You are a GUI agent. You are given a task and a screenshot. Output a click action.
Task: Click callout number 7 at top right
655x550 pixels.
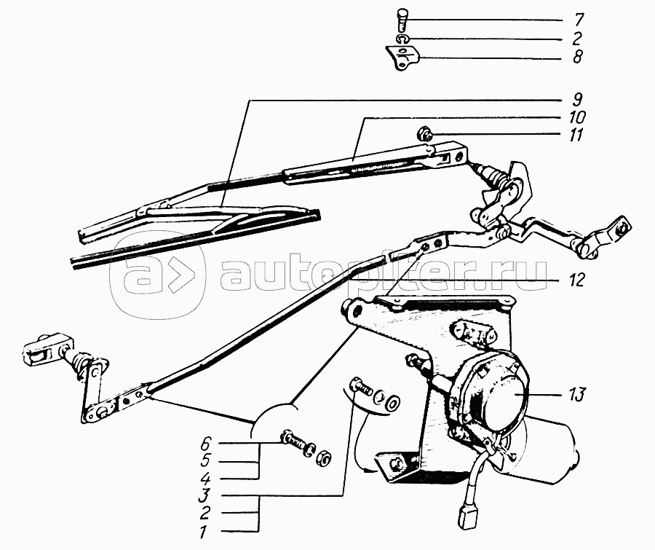(x=578, y=20)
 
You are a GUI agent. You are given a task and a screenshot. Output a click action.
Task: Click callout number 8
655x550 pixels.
(x=577, y=57)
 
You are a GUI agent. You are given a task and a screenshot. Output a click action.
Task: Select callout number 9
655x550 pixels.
(x=577, y=100)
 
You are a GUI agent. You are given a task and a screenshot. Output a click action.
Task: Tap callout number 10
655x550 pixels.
(x=577, y=117)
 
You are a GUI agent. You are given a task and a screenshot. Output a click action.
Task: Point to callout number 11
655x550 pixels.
(x=576, y=135)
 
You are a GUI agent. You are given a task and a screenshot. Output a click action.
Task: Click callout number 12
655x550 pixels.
(x=576, y=280)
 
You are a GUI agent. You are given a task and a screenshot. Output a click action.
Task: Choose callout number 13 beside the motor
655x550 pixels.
(x=577, y=394)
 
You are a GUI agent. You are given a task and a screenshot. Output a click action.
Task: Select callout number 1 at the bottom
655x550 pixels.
(x=203, y=532)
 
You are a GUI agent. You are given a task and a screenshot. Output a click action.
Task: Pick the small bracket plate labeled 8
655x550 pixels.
(x=402, y=58)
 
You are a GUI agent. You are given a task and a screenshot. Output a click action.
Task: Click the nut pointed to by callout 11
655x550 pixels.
(x=424, y=135)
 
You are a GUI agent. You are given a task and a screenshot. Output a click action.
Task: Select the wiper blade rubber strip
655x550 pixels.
(x=196, y=238)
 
